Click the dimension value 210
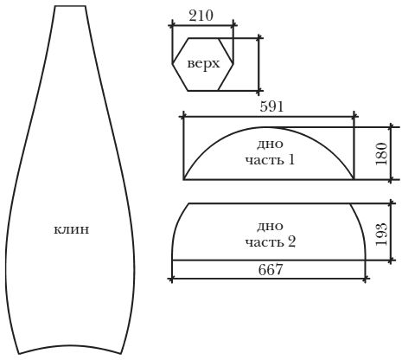(201, 16)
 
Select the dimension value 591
(271, 106)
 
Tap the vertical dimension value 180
(381, 154)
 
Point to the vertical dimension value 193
(381, 235)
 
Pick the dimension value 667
(271, 270)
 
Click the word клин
(72, 230)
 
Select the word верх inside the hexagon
(203, 64)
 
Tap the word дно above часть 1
(270, 144)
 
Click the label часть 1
(271, 159)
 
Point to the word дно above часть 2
(270, 227)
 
